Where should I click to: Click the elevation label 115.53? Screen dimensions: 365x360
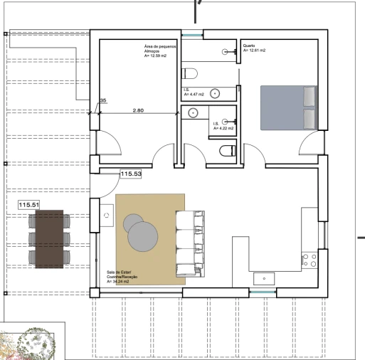pyautogui.click(x=131, y=174)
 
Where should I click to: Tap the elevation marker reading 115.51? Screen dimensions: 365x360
pyautogui.click(x=29, y=205)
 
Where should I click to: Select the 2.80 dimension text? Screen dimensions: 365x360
pyautogui.click(x=138, y=110)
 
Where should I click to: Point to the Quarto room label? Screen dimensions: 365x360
pyautogui.click(x=249, y=46)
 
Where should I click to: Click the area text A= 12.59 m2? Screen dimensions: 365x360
pyautogui.click(x=155, y=56)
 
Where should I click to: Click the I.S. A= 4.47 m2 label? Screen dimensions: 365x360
pyautogui.click(x=194, y=92)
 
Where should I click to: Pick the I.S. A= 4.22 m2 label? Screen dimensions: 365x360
pyautogui.click(x=223, y=126)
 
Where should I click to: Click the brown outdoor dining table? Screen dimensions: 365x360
pyautogui.click(x=49, y=239)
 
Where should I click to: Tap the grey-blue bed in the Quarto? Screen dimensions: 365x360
pyautogui.click(x=289, y=108)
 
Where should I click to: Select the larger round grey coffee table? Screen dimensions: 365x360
pyautogui.click(x=143, y=236)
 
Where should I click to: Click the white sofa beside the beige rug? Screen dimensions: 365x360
pyautogui.click(x=190, y=244)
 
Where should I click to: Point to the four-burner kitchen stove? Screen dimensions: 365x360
pyautogui.click(x=310, y=260)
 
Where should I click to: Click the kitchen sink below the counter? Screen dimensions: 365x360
pyautogui.click(x=264, y=279)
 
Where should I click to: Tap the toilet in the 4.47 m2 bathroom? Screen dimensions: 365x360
pyautogui.click(x=189, y=73)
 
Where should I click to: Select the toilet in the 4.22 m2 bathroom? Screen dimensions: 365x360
pyautogui.click(x=228, y=151)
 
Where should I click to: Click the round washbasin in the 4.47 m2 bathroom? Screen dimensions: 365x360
pyautogui.click(x=215, y=94)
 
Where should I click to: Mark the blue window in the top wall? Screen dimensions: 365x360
pyautogui.click(x=192, y=35)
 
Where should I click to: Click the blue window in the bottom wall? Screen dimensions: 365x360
pyautogui.click(x=263, y=292)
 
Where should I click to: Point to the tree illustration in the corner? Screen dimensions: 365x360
pyautogui.click(x=36, y=344)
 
